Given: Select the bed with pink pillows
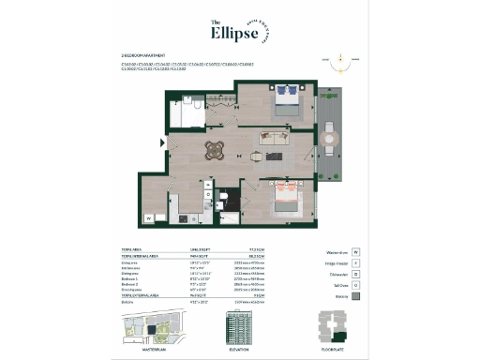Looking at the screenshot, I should [x=285, y=196].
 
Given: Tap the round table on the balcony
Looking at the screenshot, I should [x=328, y=139].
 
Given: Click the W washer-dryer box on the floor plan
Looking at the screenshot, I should [x=149, y=218].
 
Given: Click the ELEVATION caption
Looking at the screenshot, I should [x=239, y=349].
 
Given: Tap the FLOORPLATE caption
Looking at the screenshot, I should [x=332, y=349].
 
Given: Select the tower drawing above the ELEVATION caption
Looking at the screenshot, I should [x=239, y=327].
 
